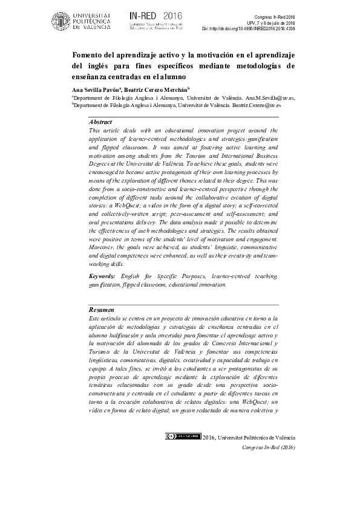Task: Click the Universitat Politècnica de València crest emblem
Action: (x=61, y=21)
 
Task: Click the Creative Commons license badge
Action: (x=183, y=436)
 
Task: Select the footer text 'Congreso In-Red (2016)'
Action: (x=267, y=447)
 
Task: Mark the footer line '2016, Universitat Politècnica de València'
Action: (x=249, y=437)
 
